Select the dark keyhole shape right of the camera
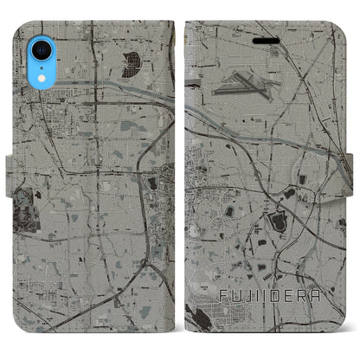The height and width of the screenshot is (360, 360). pyautogui.click(x=132, y=62)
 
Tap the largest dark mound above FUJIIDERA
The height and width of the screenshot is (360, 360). pyautogui.click(x=279, y=222)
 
